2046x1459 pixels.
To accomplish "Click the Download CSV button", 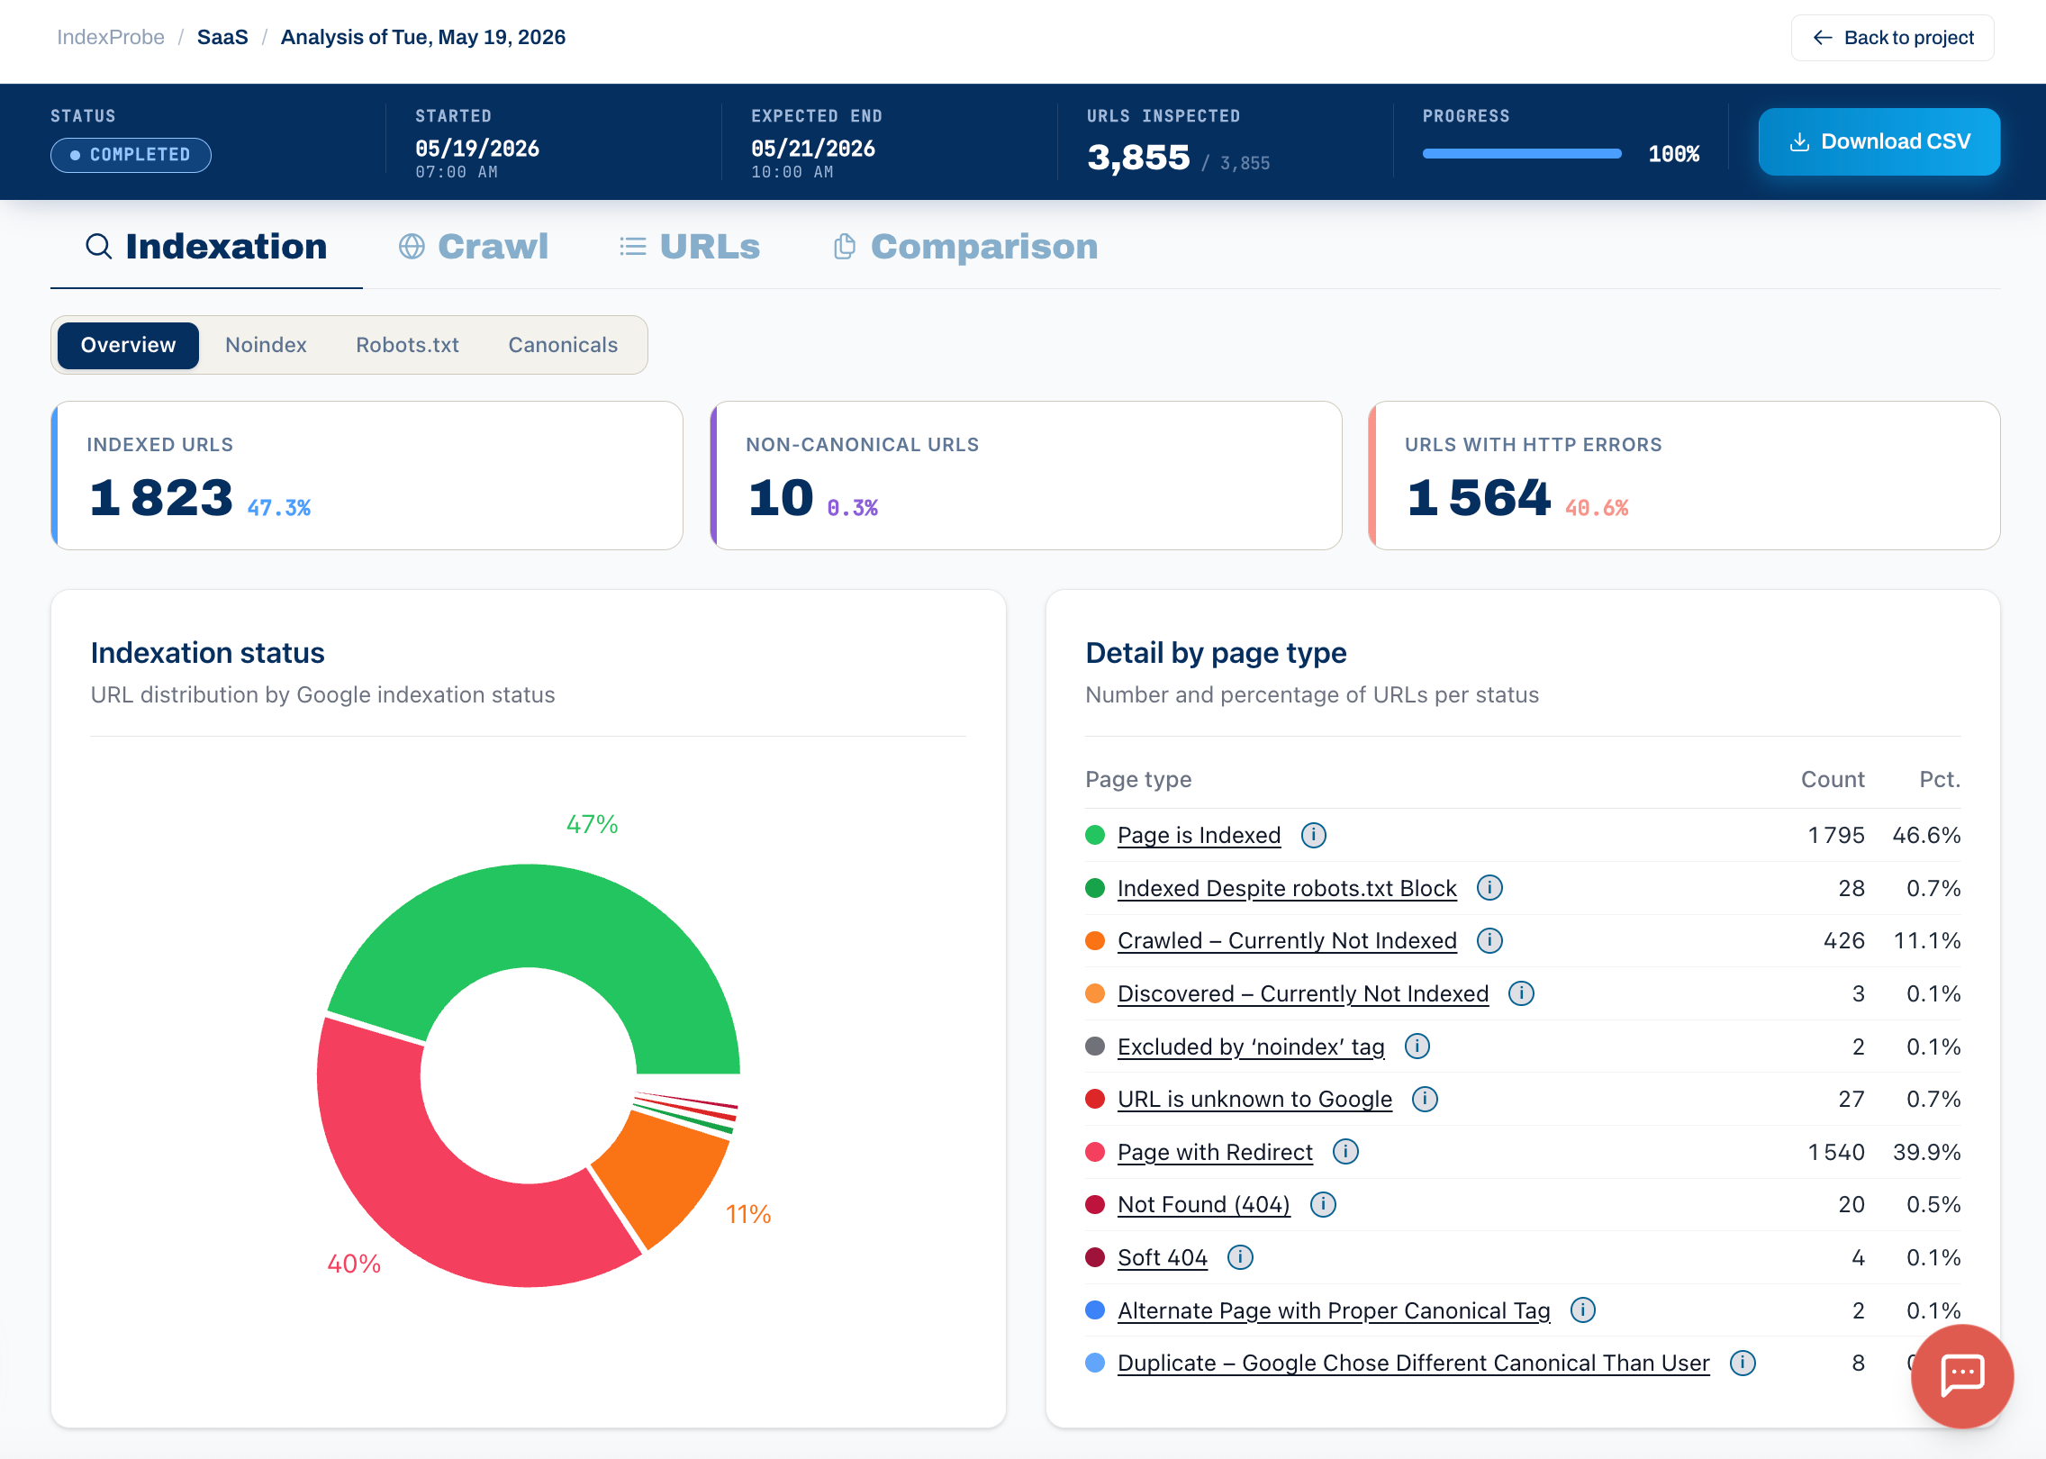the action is (1879, 141).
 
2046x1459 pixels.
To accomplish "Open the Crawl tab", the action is (474, 247).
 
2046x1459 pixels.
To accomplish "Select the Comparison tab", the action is (965, 247).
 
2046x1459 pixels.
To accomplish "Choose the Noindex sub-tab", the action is (266, 345).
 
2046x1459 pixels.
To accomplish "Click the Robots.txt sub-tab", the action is (407, 345).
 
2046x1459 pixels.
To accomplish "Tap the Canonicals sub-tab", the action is (563, 345).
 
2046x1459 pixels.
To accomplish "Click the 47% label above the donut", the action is (592, 824).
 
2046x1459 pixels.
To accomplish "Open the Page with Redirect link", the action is (1215, 1152).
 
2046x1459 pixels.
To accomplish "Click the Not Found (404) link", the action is (1203, 1204).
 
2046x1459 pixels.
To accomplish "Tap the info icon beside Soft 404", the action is (1240, 1257).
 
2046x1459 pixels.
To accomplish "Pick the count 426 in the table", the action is (1843, 940).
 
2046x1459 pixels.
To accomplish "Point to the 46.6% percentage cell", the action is (1926, 835).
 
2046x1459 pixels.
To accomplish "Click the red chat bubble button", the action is (1962, 1375).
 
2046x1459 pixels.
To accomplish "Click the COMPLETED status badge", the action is (131, 155).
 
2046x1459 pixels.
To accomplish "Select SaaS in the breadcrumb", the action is (222, 37).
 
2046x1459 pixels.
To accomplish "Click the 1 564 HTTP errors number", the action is (1479, 497).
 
